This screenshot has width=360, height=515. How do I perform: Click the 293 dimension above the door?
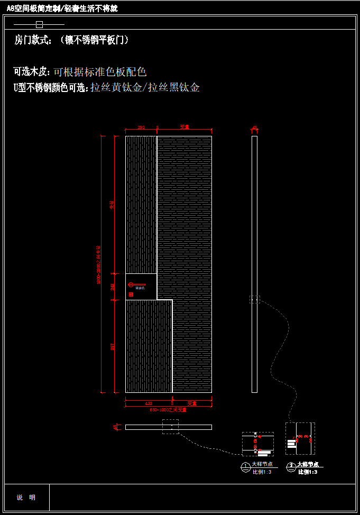click(141, 127)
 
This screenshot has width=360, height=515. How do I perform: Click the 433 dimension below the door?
click(149, 403)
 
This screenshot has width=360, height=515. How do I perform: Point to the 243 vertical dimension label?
click(112, 287)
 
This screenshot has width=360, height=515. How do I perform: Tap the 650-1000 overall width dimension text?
click(168, 410)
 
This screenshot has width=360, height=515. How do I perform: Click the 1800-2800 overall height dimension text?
click(99, 264)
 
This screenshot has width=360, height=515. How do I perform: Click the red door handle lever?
click(132, 287)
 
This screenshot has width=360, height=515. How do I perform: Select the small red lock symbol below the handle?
click(131, 293)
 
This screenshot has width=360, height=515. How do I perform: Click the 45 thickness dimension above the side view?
click(254, 127)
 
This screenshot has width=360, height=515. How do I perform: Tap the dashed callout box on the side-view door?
click(255, 299)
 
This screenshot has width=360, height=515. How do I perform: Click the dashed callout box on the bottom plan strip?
click(170, 427)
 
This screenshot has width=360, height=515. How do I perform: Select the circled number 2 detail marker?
click(291, 466)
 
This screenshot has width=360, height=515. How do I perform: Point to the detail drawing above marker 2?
click(300, 438)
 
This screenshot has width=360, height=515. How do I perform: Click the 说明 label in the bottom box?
click(26, 498)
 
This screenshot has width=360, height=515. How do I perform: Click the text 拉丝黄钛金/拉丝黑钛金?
click(145, 88)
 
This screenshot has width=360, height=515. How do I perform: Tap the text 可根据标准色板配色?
click(100, 72)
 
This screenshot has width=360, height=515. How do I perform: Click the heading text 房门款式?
click(33, 40)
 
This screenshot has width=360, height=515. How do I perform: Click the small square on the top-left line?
click(39, 24)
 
